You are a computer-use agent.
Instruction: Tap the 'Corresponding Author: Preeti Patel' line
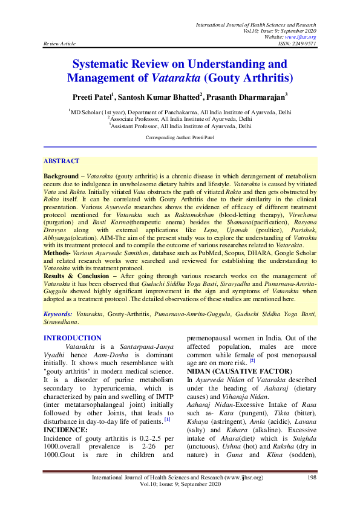pyautogui.click(x=179, y=138)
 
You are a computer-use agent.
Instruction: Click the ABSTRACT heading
pyautogui.click(x=61, y=161)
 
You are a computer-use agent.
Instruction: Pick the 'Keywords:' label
pyautogui.click(x=58, y=315)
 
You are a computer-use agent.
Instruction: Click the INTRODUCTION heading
pyautogui.click(x=73, y=338)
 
